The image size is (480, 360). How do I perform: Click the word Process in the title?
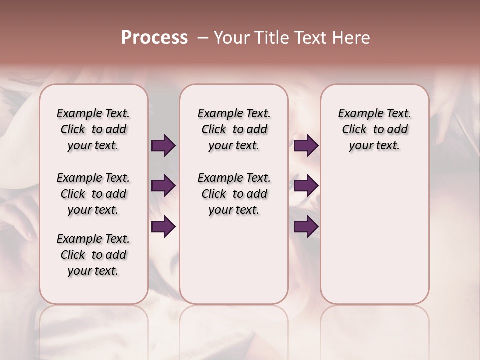(154, 38)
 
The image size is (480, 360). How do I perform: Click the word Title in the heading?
(272, 38)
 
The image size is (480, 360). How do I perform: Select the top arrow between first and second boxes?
(163, 146)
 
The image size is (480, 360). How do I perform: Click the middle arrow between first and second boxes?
(163, 186)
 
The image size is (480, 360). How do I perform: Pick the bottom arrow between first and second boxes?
(163, 227)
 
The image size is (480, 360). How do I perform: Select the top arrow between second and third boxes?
(306, 146)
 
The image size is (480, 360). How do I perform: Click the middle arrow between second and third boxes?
(306, 186)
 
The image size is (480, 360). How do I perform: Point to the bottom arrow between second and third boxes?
(306, 227)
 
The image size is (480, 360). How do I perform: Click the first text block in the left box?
(93, 129)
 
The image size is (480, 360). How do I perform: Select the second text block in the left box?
(93, 194)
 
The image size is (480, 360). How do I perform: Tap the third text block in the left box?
(93, 255)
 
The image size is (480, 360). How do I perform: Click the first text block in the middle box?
(234, 129)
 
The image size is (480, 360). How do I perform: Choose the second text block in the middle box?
(234, 194)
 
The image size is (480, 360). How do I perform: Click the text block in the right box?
(374, 129)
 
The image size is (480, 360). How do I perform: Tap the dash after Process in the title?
(203, 38)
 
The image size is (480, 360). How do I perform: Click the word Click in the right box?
(354, 130)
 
